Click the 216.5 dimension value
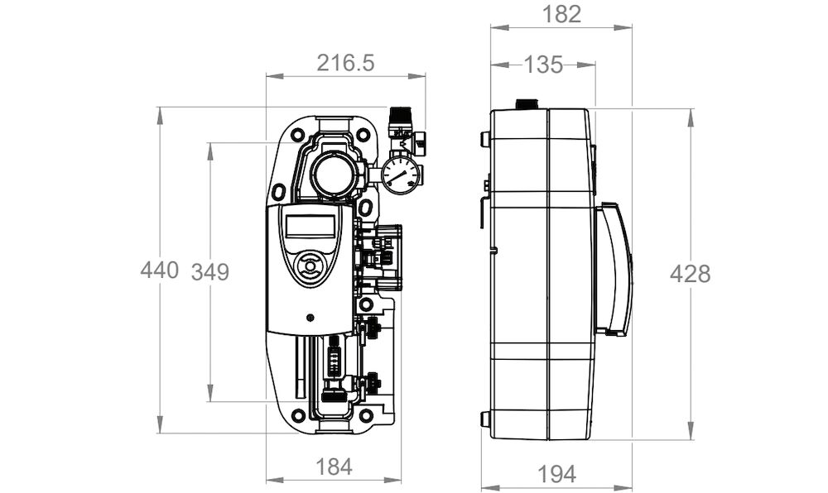pyautogui.click(x=345, y=63)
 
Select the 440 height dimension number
pyautogui.click(x=160, y=270)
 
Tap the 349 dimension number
pyautogui.click(x=210, y=272)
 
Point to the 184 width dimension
pyautogui.click(x=333, y=467)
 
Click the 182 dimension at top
pyautogui.click(x=562, y=14)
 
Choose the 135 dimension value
pyautogui.click(x=543, y=65)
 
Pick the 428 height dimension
pyautogui.click(x=691, y=274)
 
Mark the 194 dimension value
pyautogui.click(x=556, y=475)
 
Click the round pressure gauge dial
pyautogui.click(x=401, y=175)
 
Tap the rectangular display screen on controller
pyautogui.click(x=310, y=226)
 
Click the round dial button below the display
pyautogui.click(x=310, y=265)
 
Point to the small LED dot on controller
pyautogui.click(x=310, y=318)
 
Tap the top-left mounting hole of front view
pyautogui.click(x=297, y=135)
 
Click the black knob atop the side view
pyautogui.click(x=526, y=104)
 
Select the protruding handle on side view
pyautogui.click(x=614, y=269)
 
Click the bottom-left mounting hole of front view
pyautogui.click(x=298, y=415)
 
